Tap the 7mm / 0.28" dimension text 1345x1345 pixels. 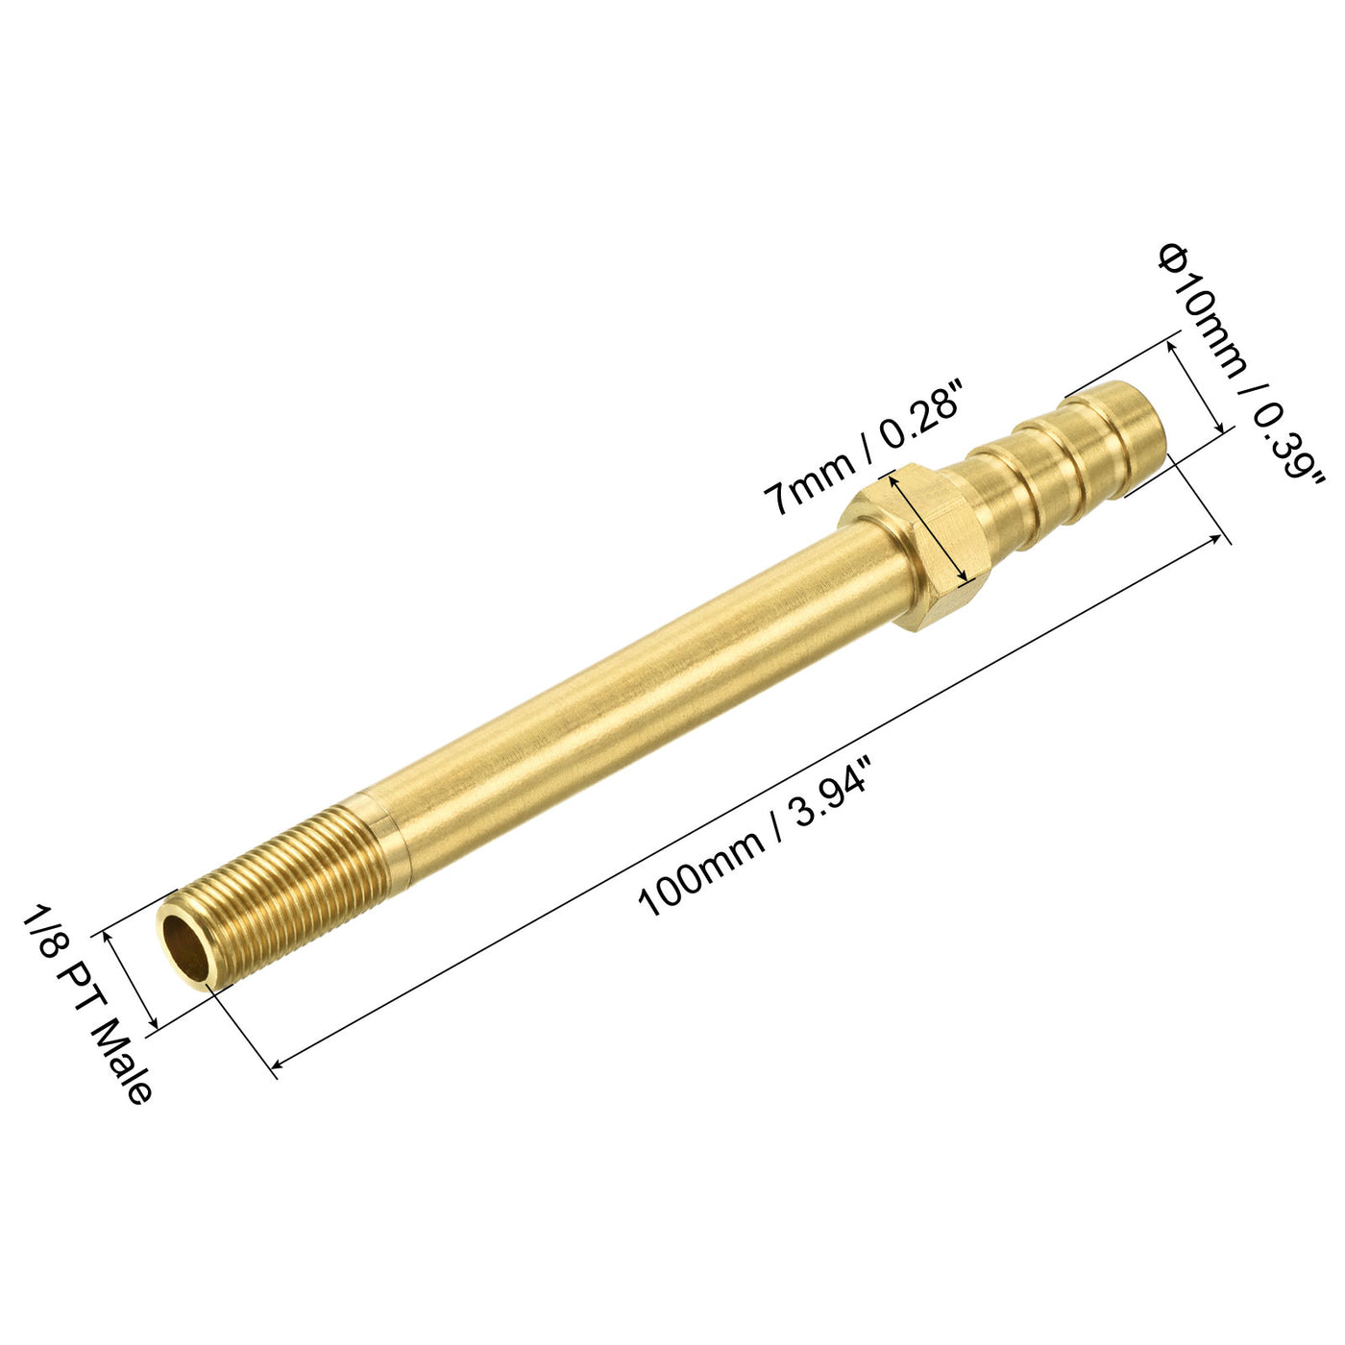click(x=864, y=446)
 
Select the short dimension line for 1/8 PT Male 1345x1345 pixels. click(x=131, y=980)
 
